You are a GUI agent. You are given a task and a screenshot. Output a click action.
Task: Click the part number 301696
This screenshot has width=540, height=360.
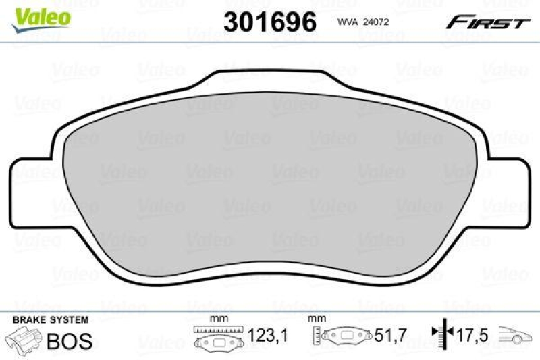click(269, 22)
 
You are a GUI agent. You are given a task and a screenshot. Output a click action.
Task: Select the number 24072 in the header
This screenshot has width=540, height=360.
click(377, 22)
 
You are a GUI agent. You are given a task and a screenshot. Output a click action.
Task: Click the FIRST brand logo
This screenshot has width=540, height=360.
click(486, 22)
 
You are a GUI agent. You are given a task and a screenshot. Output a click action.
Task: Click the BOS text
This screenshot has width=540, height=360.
click(69, 341)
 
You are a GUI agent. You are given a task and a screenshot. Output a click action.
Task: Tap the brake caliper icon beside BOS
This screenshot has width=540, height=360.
click(23, 340)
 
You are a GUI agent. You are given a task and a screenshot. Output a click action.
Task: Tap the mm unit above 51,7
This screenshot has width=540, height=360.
click(315, 319)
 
